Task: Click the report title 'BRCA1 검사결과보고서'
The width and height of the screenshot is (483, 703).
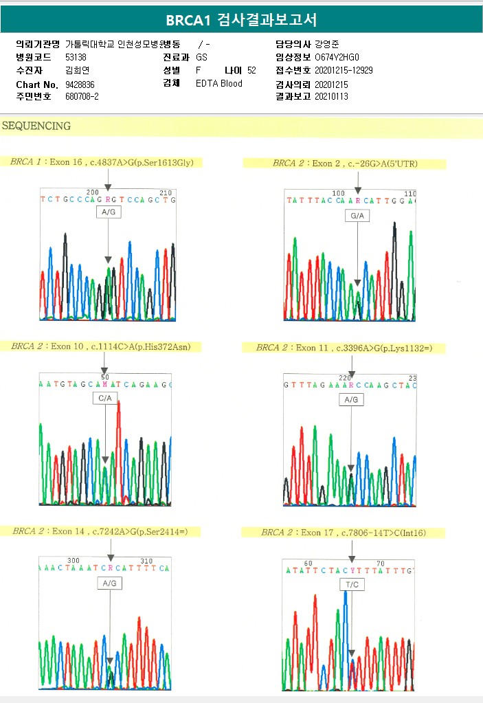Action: coord(241,20)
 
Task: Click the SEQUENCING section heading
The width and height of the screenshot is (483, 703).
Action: coord(36,126)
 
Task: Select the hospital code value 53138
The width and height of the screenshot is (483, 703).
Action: coord(76,57)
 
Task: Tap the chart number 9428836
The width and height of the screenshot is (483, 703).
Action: coord(80,84)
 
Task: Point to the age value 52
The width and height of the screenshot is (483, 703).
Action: coord(251,70)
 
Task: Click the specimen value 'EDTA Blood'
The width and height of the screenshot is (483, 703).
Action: coord(218,84)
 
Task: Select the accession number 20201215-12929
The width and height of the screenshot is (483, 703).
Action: coord(344,70)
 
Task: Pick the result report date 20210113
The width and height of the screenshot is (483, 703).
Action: coord(331,96)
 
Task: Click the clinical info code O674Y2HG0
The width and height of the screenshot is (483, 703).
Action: coord(337,57)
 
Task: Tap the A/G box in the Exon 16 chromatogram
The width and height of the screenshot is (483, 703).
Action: coord(109,213)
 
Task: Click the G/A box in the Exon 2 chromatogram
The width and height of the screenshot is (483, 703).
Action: coord(357,216)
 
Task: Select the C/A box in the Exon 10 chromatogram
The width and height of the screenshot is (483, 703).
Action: coord(105,398)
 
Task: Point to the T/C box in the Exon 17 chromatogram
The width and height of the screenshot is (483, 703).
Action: coord(351,583)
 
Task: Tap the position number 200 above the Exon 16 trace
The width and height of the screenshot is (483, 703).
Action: coord(92,192)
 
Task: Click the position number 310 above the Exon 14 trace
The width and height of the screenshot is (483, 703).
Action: coord(146,561)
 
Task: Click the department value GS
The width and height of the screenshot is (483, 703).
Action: coord(201,57)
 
